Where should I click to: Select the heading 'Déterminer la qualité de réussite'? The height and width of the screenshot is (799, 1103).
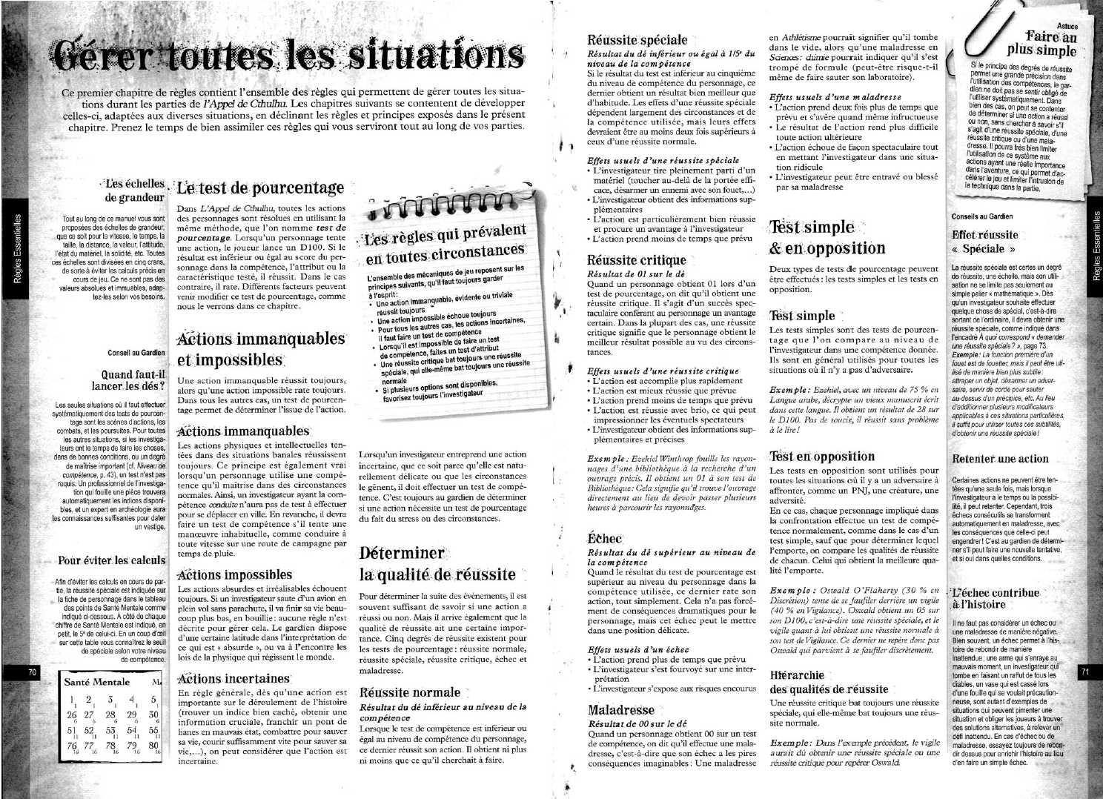tap(437, 564)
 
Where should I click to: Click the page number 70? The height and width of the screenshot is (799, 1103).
tap(32, 672)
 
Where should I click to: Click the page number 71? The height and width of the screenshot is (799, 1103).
tap(1086, 672)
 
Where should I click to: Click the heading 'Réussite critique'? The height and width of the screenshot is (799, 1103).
tap(636, 260)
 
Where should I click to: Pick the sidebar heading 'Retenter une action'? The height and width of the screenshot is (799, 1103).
tap(1000, 459)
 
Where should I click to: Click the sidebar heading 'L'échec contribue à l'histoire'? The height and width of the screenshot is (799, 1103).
tap(996, 599)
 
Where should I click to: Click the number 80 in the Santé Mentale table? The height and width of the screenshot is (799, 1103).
tap(154, 745)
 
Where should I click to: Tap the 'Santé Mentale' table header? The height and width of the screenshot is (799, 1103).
tap(97, 681)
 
